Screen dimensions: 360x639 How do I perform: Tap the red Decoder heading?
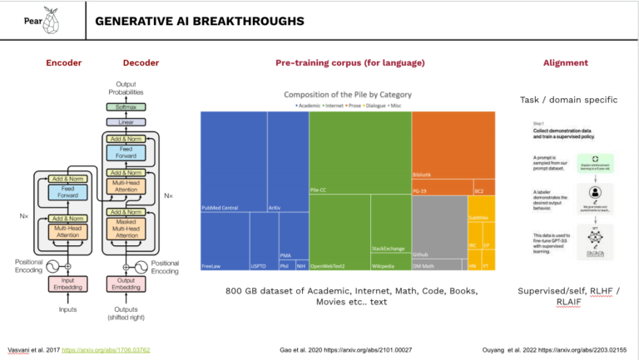coord(141,62)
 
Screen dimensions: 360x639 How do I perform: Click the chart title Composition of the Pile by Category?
coord(348,94)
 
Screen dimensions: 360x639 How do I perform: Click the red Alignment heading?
coord(565,62)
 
